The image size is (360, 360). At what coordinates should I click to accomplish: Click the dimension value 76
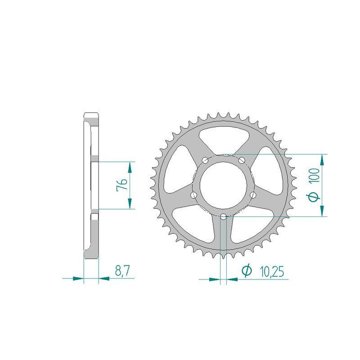tap(122, 184)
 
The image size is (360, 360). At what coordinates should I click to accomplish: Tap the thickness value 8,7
tap(122, 271)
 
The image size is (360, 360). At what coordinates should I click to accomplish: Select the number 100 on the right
tap(314, 175)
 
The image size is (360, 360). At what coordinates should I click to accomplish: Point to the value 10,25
tap(272, 272)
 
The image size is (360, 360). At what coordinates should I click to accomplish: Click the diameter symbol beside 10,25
tap(247, 271)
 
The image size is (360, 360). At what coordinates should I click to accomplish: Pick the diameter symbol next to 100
tap(314, 197)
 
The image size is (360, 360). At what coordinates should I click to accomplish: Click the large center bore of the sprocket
tap(223, 185)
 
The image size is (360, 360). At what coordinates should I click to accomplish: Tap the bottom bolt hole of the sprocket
tap(223, 216)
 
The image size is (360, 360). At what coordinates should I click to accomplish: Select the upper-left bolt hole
tap(205, 160)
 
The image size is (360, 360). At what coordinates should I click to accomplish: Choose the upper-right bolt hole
tap(242, 160)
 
